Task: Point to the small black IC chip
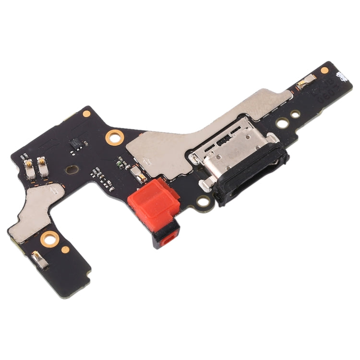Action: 76,143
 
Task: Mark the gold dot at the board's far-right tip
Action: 325,70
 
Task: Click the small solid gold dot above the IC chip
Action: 86,114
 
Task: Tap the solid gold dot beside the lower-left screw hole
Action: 66,249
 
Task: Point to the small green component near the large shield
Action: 119,162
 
